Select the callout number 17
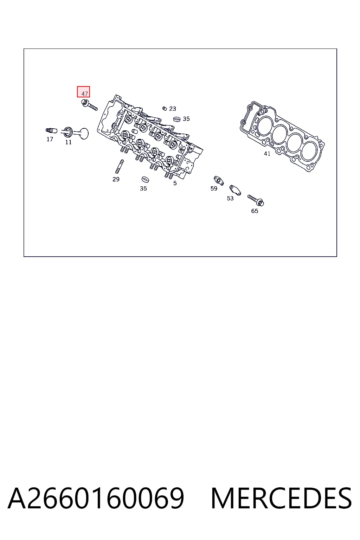(50, 139)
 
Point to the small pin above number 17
(51, 131)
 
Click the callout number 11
(69, 142)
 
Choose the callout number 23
(172, 109)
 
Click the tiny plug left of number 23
(165, 108)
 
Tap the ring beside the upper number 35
(177, 119)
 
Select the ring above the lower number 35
(145, 180)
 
